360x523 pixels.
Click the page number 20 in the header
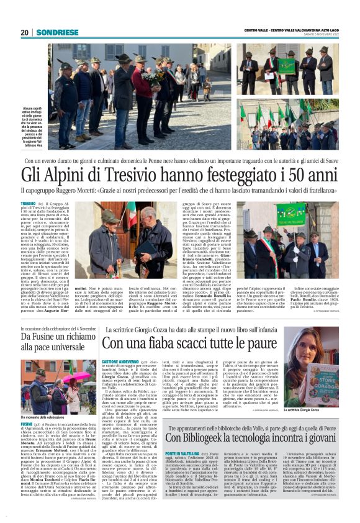point(24,32)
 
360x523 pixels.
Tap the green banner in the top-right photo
point(287,65)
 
